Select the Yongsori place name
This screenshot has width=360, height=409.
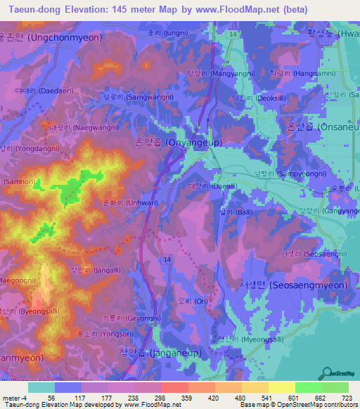pos(97,334)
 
